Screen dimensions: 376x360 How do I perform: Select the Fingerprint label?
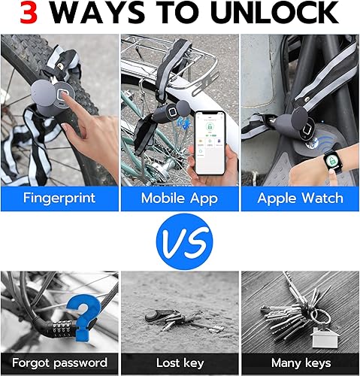click(59, 198)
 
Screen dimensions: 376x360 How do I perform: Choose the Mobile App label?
click(179, 198)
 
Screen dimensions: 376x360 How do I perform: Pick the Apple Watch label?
click(300, 198)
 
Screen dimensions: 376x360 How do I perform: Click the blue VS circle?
click(180, 243)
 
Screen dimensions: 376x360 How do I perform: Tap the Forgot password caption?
click(59, 362)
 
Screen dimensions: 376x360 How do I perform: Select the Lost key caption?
click(179, 362)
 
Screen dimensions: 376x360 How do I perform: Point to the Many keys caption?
click(300, 362)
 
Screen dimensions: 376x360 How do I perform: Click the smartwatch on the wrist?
click(329, 138)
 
